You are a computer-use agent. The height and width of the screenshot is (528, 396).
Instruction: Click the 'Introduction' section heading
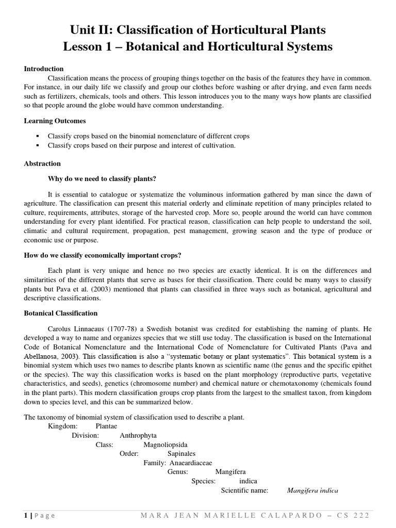point(44,69)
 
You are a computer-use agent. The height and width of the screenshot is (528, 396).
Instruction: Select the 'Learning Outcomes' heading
point(55,121)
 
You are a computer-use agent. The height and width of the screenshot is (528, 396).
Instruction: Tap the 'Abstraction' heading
point(42,163)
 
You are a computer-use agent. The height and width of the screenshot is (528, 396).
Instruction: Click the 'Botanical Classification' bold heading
point(61,313)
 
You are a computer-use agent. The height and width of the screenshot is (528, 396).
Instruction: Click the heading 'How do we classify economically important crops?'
point(103,255)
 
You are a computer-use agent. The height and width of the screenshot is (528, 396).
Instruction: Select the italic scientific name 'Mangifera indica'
point(312,490)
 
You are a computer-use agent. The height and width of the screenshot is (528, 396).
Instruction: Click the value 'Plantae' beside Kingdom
point(106,426)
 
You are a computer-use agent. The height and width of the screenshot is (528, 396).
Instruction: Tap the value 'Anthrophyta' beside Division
point(138,436)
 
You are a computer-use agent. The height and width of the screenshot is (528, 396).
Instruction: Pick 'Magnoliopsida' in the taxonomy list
point(166,444)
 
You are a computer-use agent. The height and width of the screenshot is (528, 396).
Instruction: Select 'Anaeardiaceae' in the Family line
point(187,463)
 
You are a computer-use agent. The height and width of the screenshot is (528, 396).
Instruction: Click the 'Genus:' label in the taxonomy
point(178,472)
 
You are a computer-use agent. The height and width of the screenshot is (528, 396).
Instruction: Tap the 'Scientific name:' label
point(244,490)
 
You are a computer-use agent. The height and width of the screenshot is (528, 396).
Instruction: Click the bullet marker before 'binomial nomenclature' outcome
point(38,136)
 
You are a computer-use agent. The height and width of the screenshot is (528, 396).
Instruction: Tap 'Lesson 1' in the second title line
point(86,47)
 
